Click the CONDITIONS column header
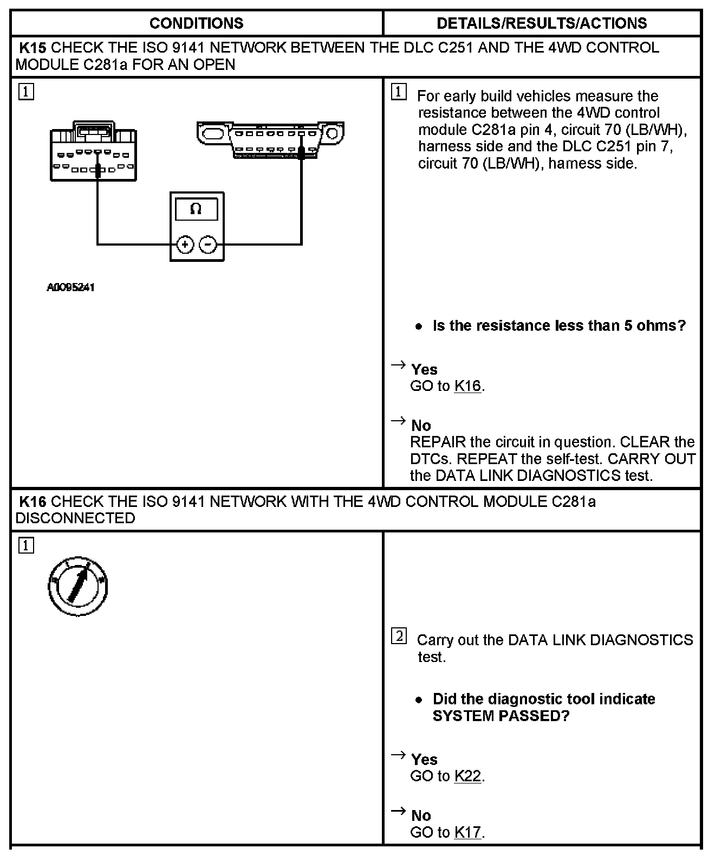[196, 23]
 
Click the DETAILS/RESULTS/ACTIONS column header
[542, 23]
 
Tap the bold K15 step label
[32, 48]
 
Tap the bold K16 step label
[32, 502]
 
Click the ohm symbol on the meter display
[196, 209]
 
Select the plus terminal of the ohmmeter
[185, 245]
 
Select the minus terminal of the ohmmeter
[208, 245]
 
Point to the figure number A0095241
[70, 287]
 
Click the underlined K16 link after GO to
[467, 387]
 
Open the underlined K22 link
[467, 776]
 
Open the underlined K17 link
[467, 832]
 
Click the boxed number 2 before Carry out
[399, 636]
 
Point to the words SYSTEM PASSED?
[501, 716]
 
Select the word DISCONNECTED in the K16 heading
[75, 518]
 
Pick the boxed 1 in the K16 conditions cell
[26, 545]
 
